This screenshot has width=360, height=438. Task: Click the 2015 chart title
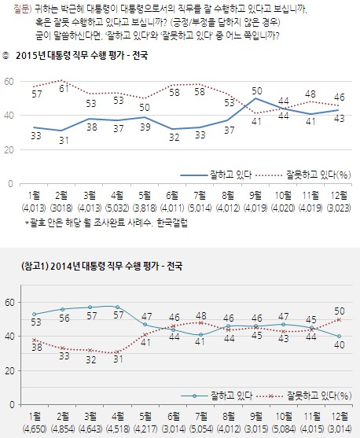(x=82, y=56)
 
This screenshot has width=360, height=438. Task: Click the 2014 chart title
(x=101, y=266)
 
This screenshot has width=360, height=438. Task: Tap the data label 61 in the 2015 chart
(x=64, y=89)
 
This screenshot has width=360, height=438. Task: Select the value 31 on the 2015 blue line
(x=64, y=140)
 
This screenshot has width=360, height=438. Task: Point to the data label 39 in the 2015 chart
(x=145, y=127)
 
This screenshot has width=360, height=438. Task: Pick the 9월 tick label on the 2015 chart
(x=255, y=195)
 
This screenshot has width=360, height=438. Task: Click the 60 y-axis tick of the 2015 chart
(x=9, y=81)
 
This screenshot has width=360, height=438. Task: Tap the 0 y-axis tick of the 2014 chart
(x=12, y=404)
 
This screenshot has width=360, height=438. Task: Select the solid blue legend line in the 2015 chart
(x=194, y=175)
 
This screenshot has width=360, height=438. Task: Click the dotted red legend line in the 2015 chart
(x=270, y=175)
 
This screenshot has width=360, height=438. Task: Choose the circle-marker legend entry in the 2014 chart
(x=217, y=396)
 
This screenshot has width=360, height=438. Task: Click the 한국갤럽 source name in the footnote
(x=172, y=223)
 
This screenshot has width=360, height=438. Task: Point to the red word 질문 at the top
(x=20, y=9)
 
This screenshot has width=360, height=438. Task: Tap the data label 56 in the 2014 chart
(x=64, y=318)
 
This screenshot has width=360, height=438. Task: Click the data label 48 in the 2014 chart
(x=200, y=316)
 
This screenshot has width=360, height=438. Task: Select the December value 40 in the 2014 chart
(x=340, y=345)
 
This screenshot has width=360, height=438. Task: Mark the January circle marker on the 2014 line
(x=35, y=315)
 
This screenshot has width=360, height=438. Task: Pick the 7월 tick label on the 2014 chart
(x=200, y=416)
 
